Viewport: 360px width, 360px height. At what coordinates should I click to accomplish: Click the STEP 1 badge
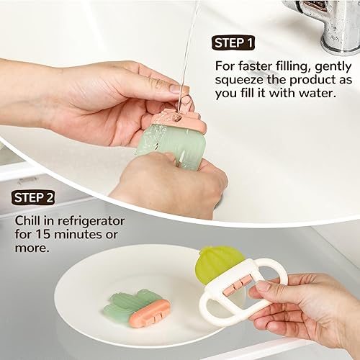pos(234,43)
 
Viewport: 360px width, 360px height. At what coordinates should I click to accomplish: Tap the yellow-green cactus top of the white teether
pos(219,263)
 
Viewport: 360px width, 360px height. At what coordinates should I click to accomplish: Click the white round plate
pos(86,288)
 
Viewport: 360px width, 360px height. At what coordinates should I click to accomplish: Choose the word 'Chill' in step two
pos(29,219)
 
